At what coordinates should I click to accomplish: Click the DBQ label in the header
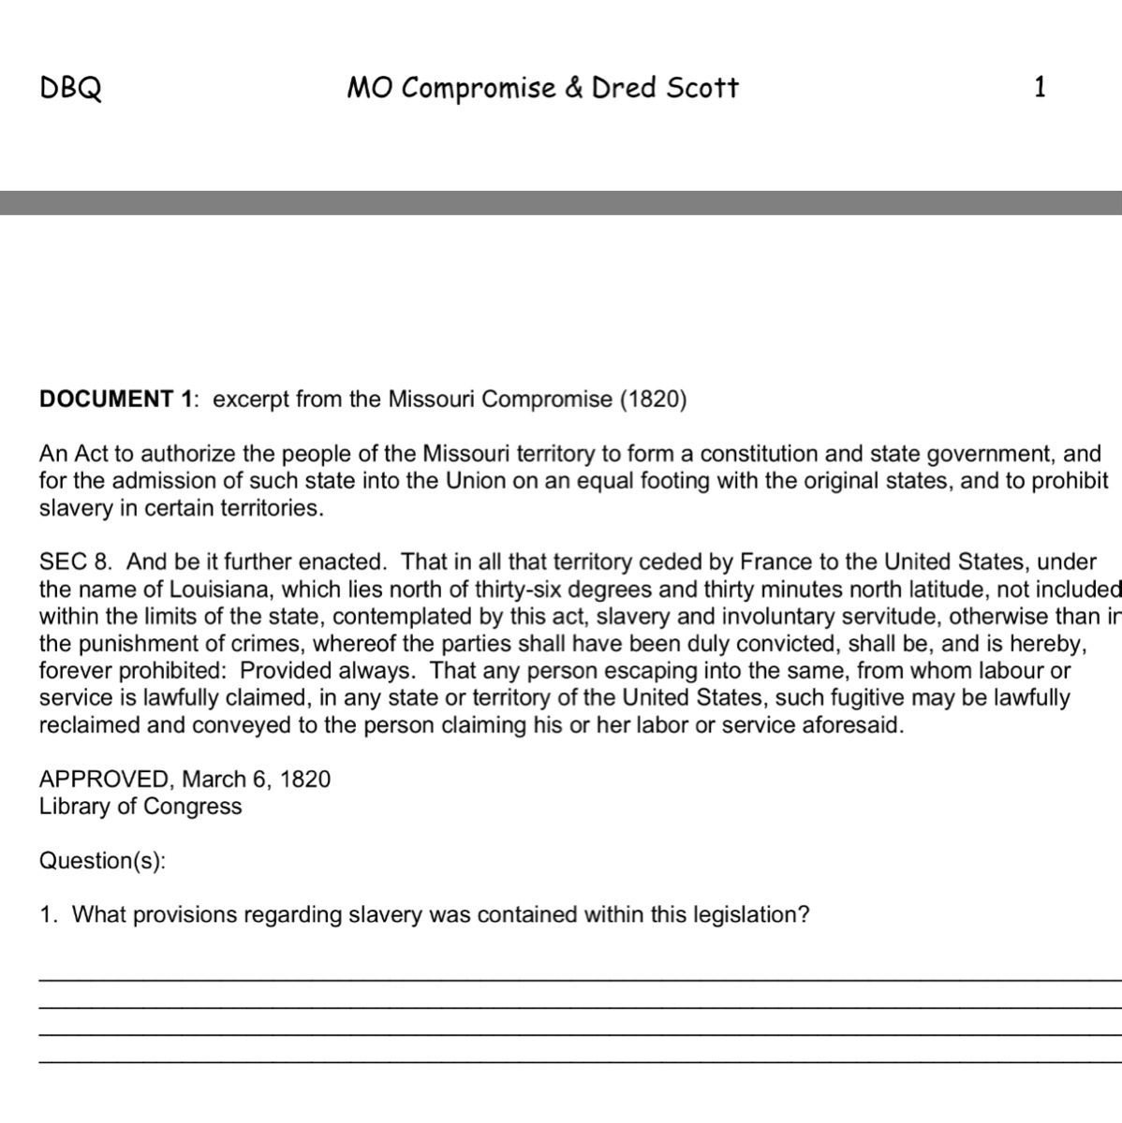tap(70, 89)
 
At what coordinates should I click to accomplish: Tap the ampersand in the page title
tap(573, 89)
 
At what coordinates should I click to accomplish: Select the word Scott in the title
tap(702, 88)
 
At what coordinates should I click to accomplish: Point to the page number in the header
tap(1040, 88)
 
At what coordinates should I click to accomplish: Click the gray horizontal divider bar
tap(561, 203)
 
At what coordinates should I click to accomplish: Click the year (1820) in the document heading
tap(653, 400)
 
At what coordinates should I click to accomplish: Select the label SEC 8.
tap(76, 562)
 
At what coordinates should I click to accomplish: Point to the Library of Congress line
tap(140, 807)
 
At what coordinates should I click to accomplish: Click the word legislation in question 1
tap(745, 914)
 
